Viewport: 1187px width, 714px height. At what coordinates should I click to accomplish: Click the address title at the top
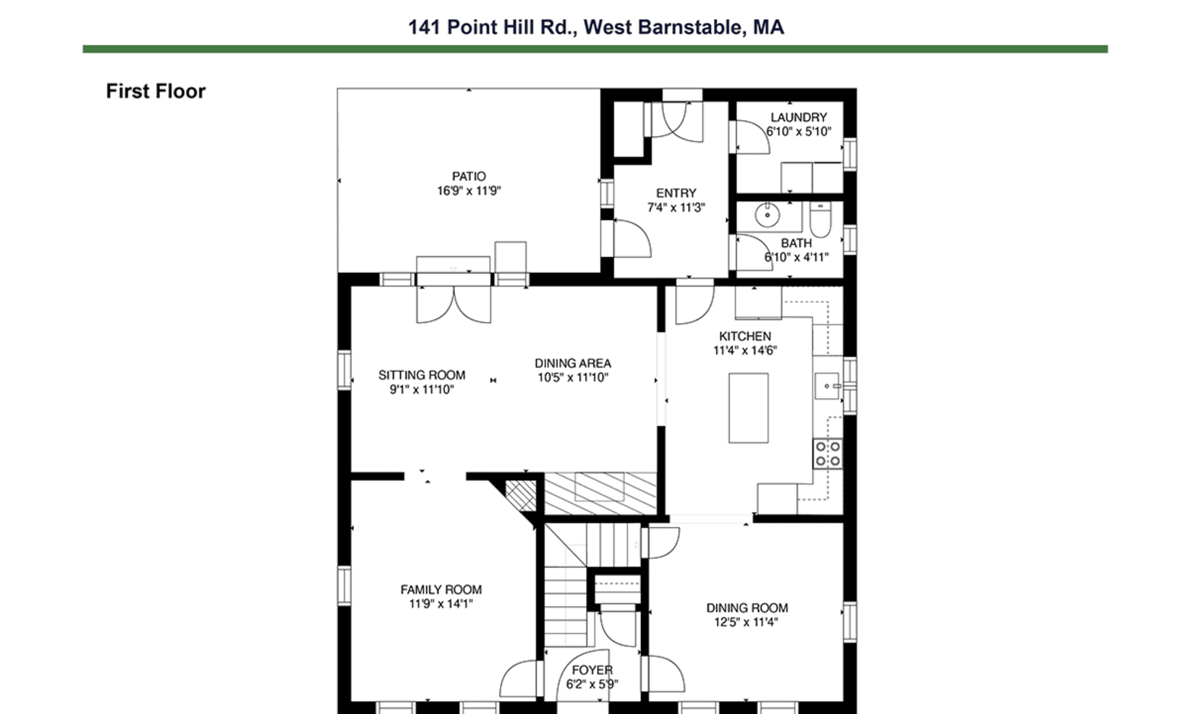point(595,27)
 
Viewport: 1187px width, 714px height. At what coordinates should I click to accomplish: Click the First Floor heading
point(155,91)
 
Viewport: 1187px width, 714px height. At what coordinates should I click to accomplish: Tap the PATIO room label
point(469,177)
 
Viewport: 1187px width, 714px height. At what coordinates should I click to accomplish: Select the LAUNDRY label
point(798,117)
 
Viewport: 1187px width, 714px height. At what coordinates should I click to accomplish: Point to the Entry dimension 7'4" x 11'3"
point(676,208)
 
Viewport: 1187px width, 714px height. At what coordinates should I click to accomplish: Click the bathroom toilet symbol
point(820,221)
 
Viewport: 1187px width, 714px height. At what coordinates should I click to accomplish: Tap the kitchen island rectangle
point(748,408)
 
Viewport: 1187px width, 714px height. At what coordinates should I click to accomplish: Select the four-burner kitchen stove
point(827,453)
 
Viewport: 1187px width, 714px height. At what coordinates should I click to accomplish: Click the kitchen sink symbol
point(827,386)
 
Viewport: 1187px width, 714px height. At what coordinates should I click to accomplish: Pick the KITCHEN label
point(744,336)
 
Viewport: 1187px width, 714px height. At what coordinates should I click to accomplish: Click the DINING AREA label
point(572,363)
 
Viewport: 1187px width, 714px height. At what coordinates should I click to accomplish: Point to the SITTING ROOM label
point(422,375)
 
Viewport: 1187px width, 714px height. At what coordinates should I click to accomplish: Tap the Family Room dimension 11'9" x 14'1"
point(440,604)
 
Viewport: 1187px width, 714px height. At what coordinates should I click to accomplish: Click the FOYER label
point(592,670)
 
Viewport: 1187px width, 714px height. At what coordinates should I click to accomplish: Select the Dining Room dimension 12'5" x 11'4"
point(746,623)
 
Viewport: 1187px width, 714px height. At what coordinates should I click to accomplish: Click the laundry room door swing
point(752,137)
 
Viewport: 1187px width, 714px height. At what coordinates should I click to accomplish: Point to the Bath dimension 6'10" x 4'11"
point(796,258)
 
